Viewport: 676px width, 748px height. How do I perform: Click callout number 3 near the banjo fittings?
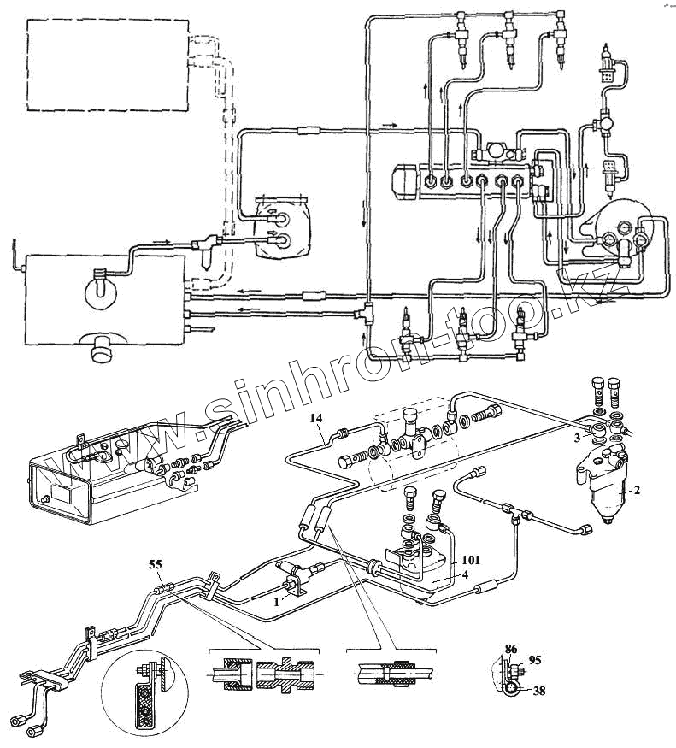[x=578, y=438]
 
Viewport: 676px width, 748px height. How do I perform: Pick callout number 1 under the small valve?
[x=275, y=602]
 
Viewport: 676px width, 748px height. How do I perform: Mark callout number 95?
[x=536, y=660]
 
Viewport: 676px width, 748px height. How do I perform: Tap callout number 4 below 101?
[x=467, y=575]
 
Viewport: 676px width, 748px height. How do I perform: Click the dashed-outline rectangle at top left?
[x=108, y=66]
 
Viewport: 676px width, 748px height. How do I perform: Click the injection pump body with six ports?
[x=466, y=180]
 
